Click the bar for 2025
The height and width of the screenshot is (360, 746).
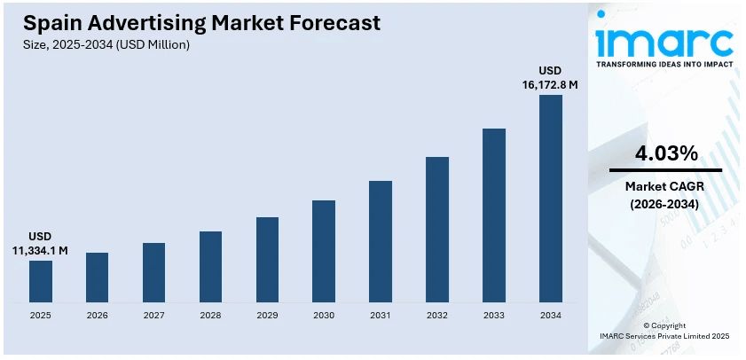tap(40, 280)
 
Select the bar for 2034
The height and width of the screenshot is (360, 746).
tap(551, 198)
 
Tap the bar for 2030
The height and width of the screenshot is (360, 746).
tap(324, 250)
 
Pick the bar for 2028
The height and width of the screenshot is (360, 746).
tap(210, 266)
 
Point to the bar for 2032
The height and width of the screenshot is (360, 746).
tap(437, 229)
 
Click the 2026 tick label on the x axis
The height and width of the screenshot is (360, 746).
tap(97, 315)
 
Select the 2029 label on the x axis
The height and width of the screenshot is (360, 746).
tap(267, 315)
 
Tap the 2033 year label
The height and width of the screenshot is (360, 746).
tap(494, 315)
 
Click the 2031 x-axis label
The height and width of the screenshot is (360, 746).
tap(381, 315)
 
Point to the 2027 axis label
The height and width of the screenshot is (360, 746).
tap(153, 315)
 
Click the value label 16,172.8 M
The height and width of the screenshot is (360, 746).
tap(550, 85)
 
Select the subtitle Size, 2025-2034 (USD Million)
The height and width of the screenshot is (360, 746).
tap(106, 44)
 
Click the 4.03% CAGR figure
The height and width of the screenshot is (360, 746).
tap(665, 153)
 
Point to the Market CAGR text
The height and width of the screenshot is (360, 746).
tap(665, 186)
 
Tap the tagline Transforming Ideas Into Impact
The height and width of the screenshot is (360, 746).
tap(665, 65)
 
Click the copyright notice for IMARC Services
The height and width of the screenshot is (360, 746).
tap(665, 336)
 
